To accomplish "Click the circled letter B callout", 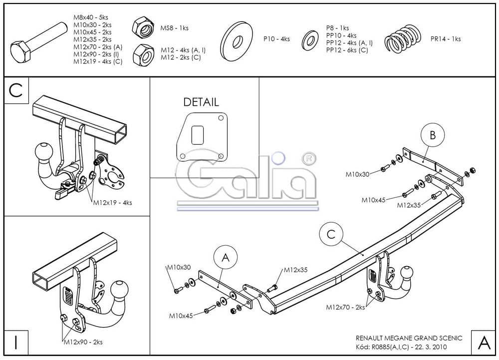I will [x=432, y=135].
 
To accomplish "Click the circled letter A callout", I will [x=225, y=258].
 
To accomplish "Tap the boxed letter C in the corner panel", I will [x=16, y=90].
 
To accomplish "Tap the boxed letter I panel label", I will [x=16, y=343].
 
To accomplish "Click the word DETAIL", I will [x=201, y=102].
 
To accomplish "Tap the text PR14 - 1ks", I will [x=446, y=38].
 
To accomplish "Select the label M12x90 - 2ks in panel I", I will [x=83, y=342].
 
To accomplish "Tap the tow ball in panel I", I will [x=120, y=291].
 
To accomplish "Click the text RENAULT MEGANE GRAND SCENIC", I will [x=409, y=338].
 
